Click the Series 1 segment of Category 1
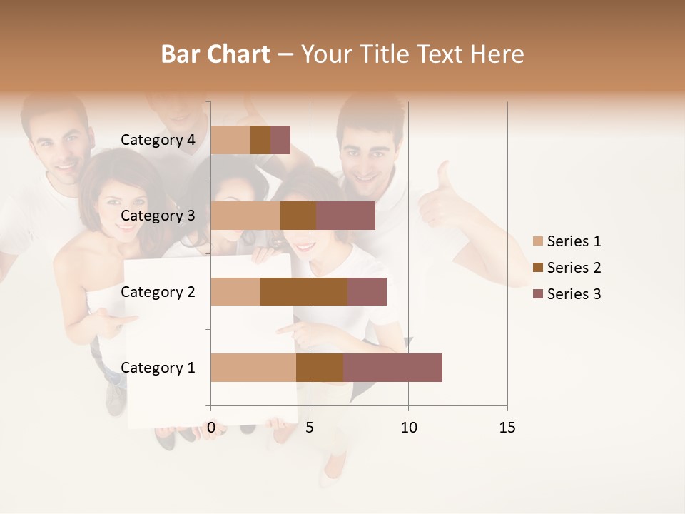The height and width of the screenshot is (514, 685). (253, 368)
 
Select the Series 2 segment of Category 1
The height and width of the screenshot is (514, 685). (320, 368)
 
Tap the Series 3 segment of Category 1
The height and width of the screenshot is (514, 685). (392, 368)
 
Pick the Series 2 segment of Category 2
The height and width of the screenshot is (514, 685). (304, 291)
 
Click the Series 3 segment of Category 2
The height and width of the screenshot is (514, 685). (367, 291)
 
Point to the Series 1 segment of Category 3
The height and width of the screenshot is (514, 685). (245, 216)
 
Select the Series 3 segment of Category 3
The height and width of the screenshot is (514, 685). (345, 216)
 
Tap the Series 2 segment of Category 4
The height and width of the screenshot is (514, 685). (260, 140)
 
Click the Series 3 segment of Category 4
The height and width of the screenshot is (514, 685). (280, 140)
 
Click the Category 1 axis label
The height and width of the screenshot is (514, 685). (157, 368)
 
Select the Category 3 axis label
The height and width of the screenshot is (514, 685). (157, 216)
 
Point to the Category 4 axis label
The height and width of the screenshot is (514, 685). (157, 140)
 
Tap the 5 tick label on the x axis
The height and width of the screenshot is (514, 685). (310, 428)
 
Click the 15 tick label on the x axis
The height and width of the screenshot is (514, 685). (507, 428)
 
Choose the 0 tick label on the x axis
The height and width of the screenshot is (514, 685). (211, 428)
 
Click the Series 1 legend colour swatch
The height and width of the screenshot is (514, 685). (538, 241)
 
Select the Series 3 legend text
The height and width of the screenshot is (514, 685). (574, 294)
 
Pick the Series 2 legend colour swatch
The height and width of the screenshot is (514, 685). (538, 268)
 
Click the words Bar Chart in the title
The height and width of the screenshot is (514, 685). (215, 54)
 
